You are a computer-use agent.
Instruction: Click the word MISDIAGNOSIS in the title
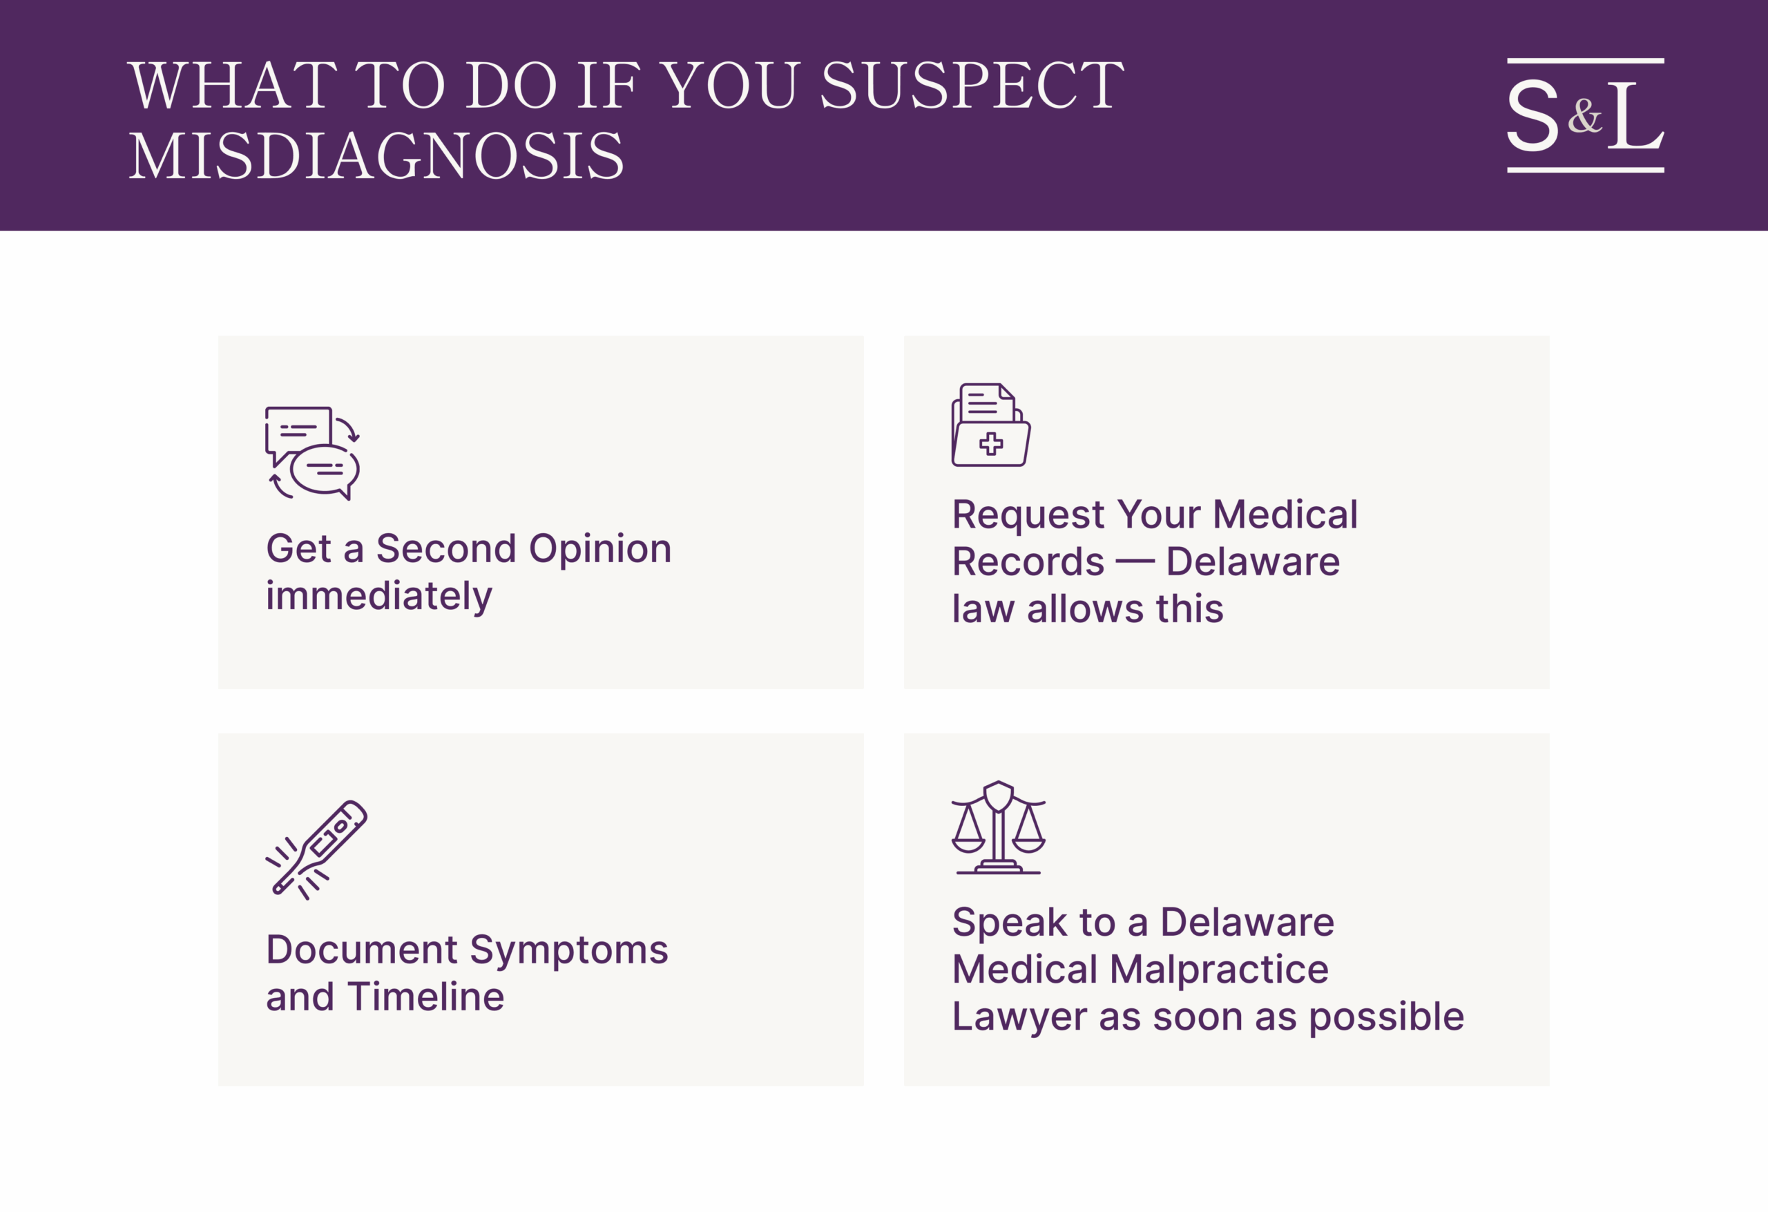pyautogui.click(x=376, y=156)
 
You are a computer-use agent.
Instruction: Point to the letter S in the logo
pyautogui.click(x=1533, y=115)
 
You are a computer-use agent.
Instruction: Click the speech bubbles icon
pyautogui.click(x=313, y=454)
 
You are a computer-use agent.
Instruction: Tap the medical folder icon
pyautogui.click(x=991, y=425)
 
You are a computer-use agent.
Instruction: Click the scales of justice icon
pyautogui.click(x=998, y=828)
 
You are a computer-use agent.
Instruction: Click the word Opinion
pyautogui.click(x=600, y=548)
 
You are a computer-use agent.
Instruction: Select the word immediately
pyautogui.click(x=379, y=596)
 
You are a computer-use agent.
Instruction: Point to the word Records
pyautogui.click(x=1028, y=562)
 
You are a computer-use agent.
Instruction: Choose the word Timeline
pyautogui.click(x=426, y=997)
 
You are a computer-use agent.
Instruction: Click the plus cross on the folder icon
pyautogui.click(x=991, y=443)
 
